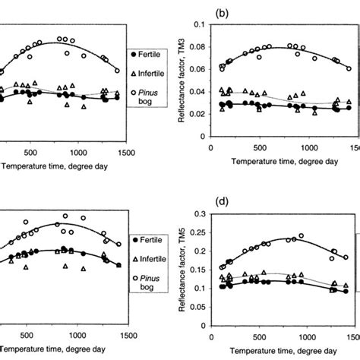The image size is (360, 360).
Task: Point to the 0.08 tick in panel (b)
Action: [x=200, y=48]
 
